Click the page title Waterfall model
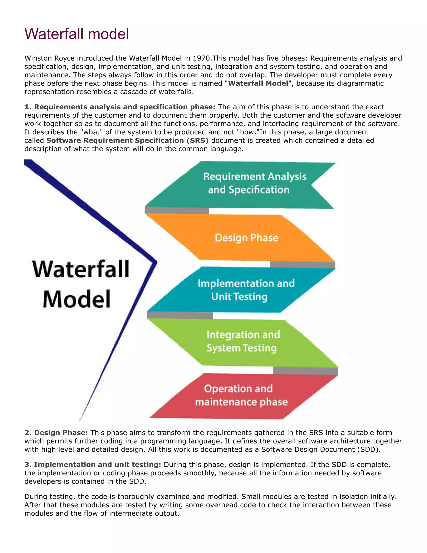point(77,34)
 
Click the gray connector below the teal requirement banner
point(177,210)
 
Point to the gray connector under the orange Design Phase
point(303,265)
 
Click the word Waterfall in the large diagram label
point(81,269)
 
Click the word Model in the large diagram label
point(77,299)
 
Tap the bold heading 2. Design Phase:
point(56,433)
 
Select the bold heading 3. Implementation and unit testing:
point(93,465)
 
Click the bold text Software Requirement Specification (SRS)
point(127,140)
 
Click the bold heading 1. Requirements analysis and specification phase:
point(120,107)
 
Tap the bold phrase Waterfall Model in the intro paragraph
point(258,83)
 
